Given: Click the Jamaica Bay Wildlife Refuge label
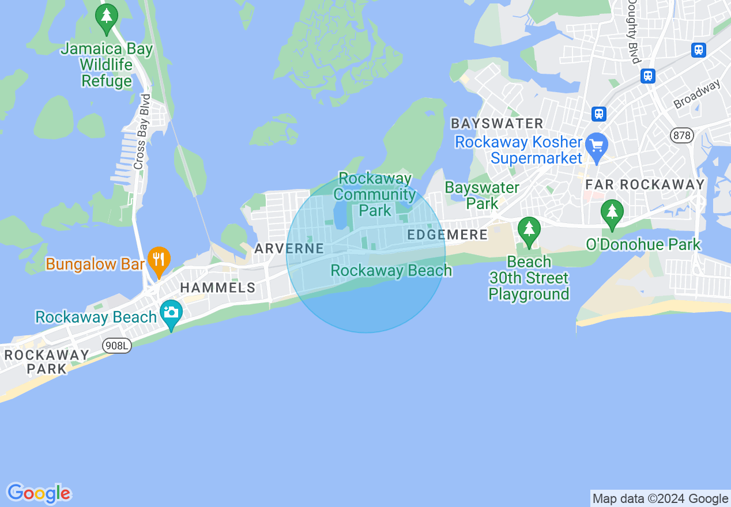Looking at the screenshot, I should coord(107,65).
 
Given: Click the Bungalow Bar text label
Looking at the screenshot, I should coord(95,264).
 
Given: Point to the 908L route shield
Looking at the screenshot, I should coord(117,346).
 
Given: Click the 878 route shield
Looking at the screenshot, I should coord(682,136).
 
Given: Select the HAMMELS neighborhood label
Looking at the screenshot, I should coord(217,287).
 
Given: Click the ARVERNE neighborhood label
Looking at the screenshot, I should coord(289,249).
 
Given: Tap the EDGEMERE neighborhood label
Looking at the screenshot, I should coord(447,234).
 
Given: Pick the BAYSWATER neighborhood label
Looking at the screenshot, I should coord(497,123).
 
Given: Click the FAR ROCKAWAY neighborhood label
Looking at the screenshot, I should coord(645,184).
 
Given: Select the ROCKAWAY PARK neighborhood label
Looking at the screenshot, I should coord(46,362).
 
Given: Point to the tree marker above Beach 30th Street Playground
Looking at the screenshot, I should coord(529,230).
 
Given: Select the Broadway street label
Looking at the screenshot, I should coord(697,94).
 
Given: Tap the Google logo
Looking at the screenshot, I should coord(39,493).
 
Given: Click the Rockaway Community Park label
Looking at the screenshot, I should coord(375,194).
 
